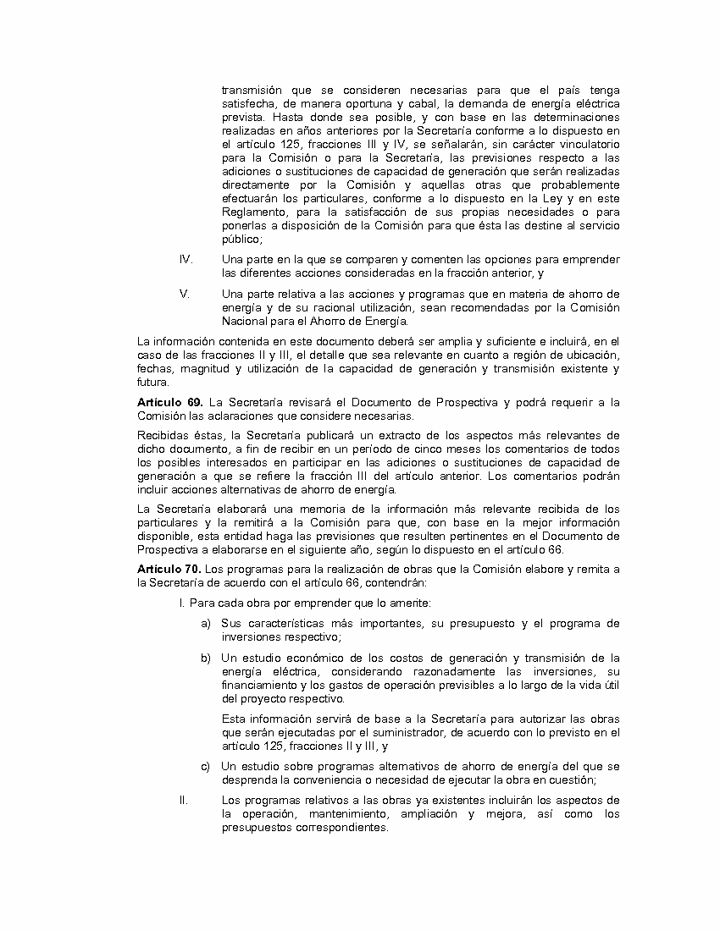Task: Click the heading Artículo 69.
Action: (169, 401)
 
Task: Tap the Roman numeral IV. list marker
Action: (186, 259)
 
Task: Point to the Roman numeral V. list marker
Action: (184, 294)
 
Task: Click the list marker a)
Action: (206, 624)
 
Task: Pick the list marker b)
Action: (206, 658)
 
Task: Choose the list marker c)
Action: (206, 766)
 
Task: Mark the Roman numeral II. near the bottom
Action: (182, 800)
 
